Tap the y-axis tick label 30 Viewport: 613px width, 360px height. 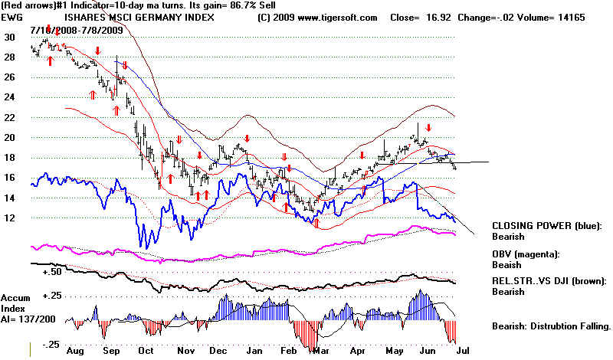point(9,37)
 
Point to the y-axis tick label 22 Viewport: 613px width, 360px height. point(9,117)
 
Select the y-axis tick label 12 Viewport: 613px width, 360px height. point(9,218)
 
